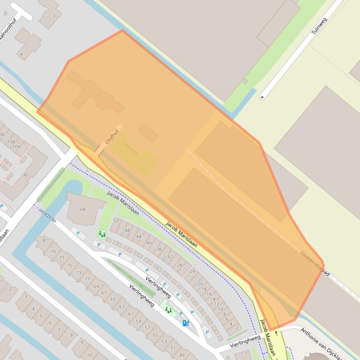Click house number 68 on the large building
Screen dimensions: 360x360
[83, 209]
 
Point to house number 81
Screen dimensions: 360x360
[45, 240]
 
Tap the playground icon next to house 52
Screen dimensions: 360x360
[102, 234]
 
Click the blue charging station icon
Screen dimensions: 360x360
[185, 323]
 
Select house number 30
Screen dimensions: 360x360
[25, 175]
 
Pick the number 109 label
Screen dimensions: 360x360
[16, 147]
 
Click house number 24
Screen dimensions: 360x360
[192, 271]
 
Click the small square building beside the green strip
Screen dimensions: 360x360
[245, 81]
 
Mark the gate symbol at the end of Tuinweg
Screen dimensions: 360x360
[262, 97]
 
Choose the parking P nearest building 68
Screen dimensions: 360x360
[78, 233]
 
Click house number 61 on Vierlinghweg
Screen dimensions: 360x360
[131, 314]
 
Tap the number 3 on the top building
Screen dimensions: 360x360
[54, 16]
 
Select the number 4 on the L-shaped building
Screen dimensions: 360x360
[21, 54]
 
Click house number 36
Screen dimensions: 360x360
[159, 249]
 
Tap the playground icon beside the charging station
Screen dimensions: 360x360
[168, 310]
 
